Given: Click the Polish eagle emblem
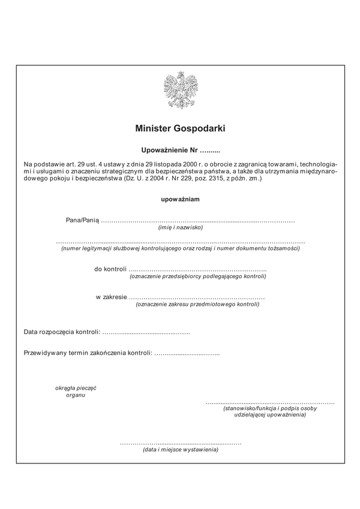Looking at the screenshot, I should (x=180, y=91).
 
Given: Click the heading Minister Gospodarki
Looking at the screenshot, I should (x=180, y=128).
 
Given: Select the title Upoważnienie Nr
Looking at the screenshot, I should (x=169, y=149).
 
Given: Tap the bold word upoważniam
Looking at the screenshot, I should (x=180, y=198).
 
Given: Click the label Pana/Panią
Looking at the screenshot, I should (x=82, y=221).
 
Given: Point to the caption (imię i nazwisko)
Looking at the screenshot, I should (x=180, y=228).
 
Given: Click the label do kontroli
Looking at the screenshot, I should (x=110, y=269).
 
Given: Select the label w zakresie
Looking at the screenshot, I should (x=111, y=297).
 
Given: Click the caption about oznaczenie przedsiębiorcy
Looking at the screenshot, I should (x=197, y=276).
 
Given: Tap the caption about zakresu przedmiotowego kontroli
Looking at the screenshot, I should (x=197, y=305).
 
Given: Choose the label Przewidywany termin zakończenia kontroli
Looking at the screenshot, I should (x=88, y=353).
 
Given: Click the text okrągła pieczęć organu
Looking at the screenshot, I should (x=76, y=391).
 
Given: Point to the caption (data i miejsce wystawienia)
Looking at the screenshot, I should (x=180, y=450).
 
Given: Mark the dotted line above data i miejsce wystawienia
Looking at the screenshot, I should (x=180, y=443).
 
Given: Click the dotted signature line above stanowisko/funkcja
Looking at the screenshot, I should (x=270, y=402).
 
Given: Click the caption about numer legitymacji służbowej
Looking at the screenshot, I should (x=180, y=248).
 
